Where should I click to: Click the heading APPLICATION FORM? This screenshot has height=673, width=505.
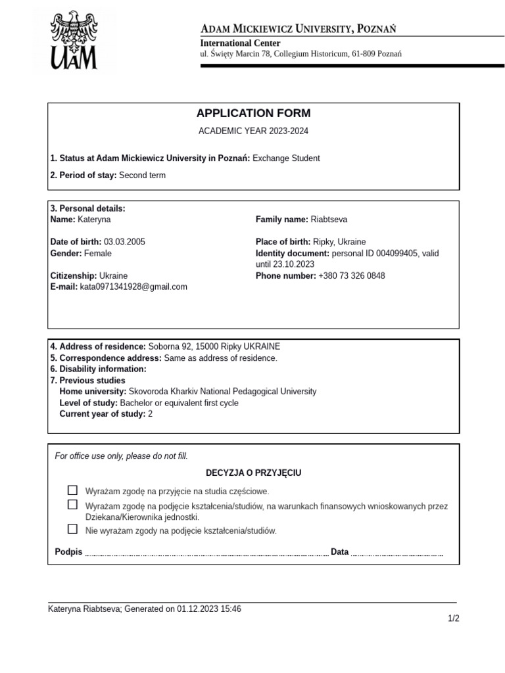(x=253, y=113)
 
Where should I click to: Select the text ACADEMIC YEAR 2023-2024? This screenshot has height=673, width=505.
(x=253, y=131)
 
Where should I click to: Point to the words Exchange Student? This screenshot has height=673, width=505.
(x=286, y=158)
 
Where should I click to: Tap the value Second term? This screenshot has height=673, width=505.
(x=142, y=175)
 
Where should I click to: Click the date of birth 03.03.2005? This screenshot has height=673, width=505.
(x=124, y=242)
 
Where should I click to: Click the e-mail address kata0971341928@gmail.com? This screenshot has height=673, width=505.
(x=133, y=287)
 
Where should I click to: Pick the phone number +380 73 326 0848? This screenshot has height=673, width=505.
(x=352, y=276)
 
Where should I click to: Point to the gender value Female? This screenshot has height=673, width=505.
(x=98, y=253)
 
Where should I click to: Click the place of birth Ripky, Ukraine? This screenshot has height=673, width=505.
(x=339, y=242)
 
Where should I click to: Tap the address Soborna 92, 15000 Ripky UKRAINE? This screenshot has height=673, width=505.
(x=214, y=346)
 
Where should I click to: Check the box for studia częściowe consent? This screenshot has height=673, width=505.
(x=72, y=490)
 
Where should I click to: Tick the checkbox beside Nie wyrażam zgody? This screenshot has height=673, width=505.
(x=72, y=529)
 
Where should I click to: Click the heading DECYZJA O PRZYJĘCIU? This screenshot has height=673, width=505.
(x=253, y=473)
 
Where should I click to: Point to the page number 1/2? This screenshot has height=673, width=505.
(x=453, y=619)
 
